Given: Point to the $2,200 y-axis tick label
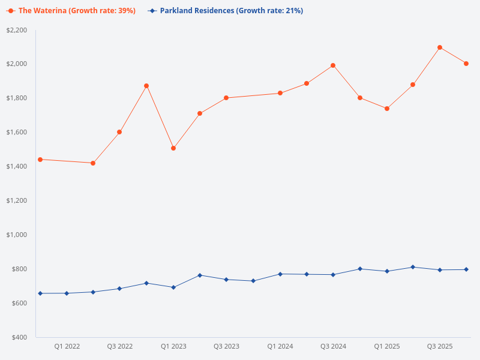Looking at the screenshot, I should (16, 30).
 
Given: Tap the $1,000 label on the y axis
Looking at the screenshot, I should (16, 235).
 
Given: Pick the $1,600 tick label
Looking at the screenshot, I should (16, 132).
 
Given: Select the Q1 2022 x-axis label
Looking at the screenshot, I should (67, 346).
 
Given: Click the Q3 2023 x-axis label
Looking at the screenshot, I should (226, 346).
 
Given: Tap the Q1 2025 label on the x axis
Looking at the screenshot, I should (386, 346).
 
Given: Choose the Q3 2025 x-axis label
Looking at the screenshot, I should (440, 346).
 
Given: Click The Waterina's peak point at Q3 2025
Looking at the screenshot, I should (440, 47).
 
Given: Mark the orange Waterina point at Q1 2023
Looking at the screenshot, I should (173, 148).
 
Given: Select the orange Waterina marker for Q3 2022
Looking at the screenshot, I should (119, 132).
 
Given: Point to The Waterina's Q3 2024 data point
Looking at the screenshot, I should (333, 65).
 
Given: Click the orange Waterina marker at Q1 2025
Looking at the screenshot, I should (387, 109).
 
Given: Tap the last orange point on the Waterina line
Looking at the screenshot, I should (466, 64).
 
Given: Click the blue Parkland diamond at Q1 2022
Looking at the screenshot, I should (67, 293).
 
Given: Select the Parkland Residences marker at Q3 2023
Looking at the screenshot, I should (226, 280).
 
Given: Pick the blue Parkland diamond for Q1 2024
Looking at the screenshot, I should (280, 274).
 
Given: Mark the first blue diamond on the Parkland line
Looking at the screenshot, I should (40, 293).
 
